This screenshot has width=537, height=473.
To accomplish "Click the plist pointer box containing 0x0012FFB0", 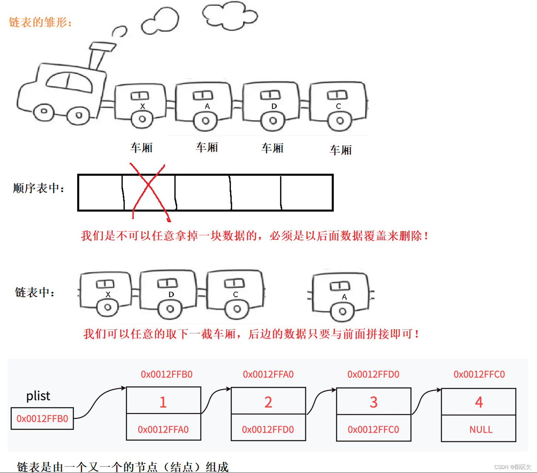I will tap(42, 419).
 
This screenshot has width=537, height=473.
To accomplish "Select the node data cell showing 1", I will tap(163, 401).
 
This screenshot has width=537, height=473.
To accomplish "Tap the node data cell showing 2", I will tap(268, 402).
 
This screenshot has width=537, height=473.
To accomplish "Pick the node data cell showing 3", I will tap(373, 402).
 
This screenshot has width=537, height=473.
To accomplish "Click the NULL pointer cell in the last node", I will tap(480, 429).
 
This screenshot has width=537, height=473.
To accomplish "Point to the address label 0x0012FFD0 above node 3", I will tap(373, 374).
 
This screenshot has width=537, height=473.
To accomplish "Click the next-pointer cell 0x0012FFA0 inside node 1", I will tap(163, 429).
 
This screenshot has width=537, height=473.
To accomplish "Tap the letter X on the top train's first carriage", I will tap(142, 106).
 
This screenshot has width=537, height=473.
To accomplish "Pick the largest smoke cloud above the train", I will tap(229, 16).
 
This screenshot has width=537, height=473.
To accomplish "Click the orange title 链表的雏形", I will tap(40, 23).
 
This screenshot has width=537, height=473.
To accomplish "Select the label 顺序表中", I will tap(39, 188).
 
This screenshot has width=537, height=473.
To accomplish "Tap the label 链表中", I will tap(35, 293).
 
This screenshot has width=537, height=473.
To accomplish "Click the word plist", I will tap(38, 396).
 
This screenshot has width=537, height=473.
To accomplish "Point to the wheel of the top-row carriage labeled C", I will tap(340, 121).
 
